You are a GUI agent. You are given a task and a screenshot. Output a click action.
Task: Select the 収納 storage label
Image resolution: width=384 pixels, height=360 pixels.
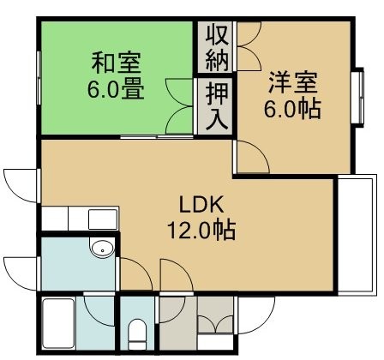coord(218,48)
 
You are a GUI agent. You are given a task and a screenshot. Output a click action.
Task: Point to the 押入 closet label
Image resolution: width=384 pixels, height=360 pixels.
coord(218,105)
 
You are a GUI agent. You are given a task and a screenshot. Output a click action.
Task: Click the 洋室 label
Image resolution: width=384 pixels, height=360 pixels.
coord(292,83)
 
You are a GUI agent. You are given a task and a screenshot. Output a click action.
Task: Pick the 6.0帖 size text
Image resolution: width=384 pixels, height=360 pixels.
coord(292,109)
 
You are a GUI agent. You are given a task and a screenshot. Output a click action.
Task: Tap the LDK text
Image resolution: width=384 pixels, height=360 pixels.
coord(201,204)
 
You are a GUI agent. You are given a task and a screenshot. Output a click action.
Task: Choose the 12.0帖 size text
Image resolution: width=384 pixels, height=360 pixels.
coord(201,230)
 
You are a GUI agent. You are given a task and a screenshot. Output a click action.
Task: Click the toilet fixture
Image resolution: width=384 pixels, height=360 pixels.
coord(136,333)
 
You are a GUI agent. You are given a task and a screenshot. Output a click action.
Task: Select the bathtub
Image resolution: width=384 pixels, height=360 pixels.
coord(58,323)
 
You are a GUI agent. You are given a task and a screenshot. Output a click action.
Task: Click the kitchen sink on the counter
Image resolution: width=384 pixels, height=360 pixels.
coord(103,219)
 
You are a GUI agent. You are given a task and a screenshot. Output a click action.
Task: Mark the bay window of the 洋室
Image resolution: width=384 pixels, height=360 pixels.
coord(359,97)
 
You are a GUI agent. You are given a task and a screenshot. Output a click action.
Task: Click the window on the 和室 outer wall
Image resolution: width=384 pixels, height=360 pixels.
coord(39,78)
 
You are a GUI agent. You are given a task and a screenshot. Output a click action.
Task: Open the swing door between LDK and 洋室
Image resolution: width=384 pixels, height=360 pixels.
coord(251,157)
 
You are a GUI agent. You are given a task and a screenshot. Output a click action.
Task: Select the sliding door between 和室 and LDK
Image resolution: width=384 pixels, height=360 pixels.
coord(157,137)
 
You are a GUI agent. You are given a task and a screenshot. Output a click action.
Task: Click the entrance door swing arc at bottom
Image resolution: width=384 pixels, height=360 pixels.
coord(256,315)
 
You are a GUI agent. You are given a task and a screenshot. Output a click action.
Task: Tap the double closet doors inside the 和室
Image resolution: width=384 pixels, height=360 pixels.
coord(179,106)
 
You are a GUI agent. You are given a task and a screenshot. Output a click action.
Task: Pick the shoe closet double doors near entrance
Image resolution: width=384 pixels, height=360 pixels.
coord(215,323)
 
